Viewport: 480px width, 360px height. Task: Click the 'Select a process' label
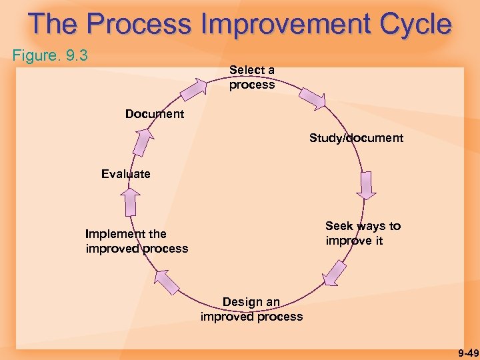[x=252, y=77]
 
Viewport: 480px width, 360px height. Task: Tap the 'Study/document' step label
[x=356, y=138]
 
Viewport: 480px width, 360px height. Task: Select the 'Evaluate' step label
[x=126, y=174]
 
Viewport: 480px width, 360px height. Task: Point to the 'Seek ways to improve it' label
[x=363, y=233]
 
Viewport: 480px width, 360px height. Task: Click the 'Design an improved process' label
[x=251, y=309]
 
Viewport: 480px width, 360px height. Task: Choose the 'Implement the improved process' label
[x=137, y=241]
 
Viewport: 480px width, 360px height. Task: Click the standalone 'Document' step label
[x=155, y=114]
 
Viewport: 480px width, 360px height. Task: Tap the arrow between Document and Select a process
[x=195, y=89]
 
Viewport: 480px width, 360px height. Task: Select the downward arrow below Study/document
[x=365, y=186]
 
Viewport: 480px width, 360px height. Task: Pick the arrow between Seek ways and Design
[x=334, y=274]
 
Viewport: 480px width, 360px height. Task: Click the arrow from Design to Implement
[x=167, y=281]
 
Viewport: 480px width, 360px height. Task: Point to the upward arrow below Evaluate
[x=131, y=201]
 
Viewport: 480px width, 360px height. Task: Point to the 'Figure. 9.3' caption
[x=50, y=55]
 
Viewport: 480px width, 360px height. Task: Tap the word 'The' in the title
[x=53, y=24]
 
